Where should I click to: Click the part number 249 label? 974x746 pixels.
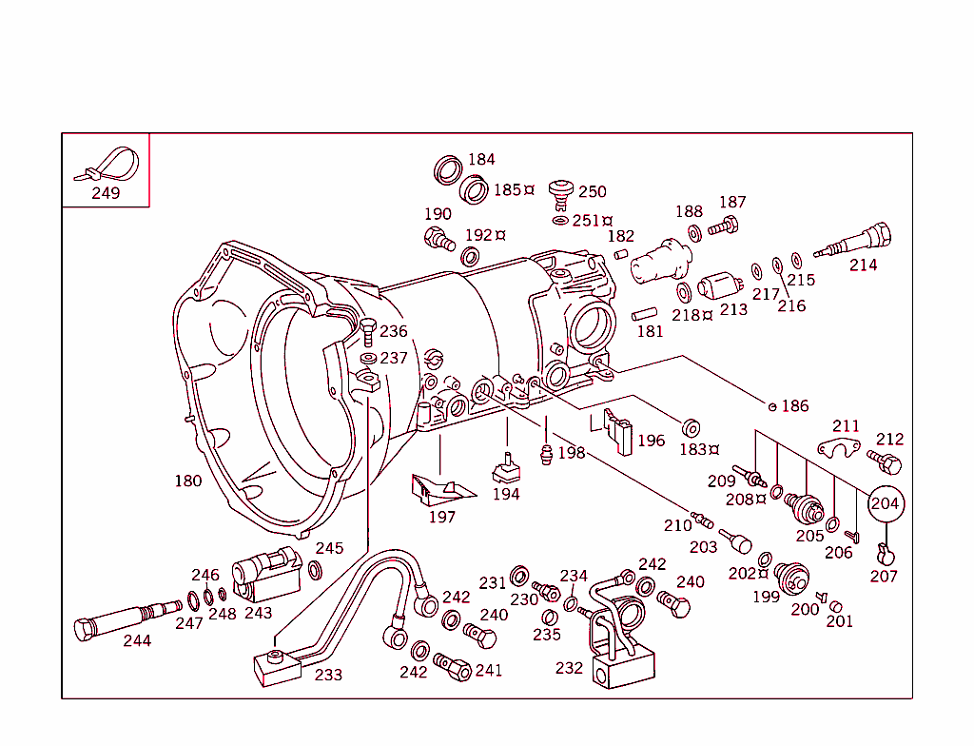click(106, 193)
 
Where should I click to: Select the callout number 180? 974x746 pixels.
click(188, 481)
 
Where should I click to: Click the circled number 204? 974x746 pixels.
click(885, 504)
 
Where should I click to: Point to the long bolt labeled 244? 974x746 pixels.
click(124, 619)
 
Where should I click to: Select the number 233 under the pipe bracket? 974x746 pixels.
click(328, 675)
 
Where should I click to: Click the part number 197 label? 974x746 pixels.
click(442, 518)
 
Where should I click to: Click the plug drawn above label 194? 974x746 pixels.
click(505, 470)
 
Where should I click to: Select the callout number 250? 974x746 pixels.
click(592, 191)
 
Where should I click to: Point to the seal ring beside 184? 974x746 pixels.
click(448, 170)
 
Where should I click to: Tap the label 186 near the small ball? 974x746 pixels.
click(794, 406)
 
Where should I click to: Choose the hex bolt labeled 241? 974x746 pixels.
click(453, 665)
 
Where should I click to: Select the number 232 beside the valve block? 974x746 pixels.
click(569, 668)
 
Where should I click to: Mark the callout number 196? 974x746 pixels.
click(652, 441)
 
